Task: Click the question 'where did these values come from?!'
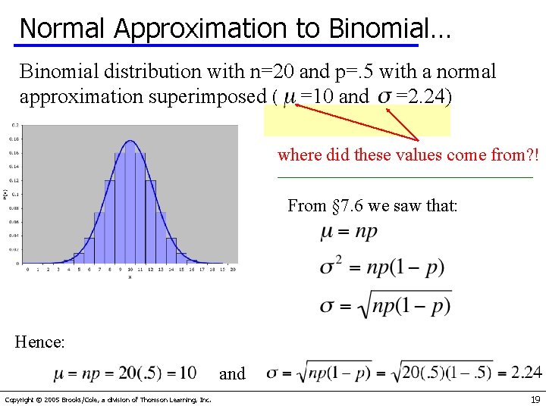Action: point(408,155)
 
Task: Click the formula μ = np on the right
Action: point(349,232)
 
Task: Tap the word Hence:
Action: point(39,342)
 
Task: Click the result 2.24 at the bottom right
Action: point(526,372)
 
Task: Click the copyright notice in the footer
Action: point(108,400)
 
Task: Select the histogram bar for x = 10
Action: point(130,204)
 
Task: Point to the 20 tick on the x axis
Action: point(232,269)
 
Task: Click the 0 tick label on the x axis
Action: point(27,269)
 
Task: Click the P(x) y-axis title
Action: point(5,195)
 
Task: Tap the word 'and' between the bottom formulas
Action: point(232,373)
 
